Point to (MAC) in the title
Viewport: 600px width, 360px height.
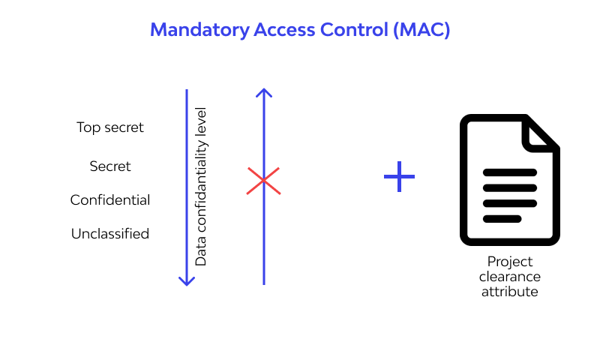point(424,30)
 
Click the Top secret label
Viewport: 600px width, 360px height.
point(110,127)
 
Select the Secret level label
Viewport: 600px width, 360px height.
point(110,166)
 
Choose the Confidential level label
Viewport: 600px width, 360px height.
point(110,200)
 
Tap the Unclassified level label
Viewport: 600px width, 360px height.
point(110,234)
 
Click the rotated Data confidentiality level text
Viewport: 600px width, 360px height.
point(201,187)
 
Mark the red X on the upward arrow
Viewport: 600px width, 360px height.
point(263,181)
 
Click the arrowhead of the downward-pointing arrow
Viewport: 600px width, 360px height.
point(187,280)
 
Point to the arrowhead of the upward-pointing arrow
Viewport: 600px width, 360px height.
point(263,93)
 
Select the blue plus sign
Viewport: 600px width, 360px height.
point(399,177)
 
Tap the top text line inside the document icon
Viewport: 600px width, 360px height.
point(509,172)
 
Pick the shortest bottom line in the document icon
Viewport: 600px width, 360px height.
point(502,219)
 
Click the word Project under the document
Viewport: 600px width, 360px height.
point(510,262)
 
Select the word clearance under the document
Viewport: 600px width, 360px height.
point(510,277)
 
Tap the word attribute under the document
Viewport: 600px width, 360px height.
point(510,292)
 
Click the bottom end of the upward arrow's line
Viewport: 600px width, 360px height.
point(263,283)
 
